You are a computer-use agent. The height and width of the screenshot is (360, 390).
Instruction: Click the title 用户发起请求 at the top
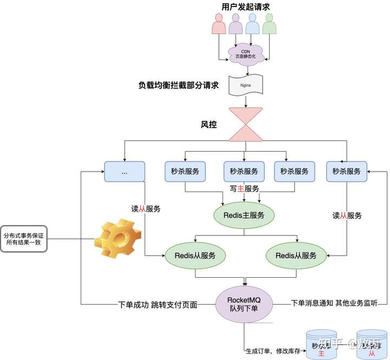(245, 6)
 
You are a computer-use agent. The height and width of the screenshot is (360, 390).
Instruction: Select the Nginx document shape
(245, 86)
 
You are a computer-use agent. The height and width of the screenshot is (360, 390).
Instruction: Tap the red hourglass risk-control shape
(245, 124)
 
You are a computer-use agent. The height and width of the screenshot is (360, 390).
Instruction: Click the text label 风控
(209, 125)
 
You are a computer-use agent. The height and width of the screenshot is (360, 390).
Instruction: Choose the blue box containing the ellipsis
(124, 171)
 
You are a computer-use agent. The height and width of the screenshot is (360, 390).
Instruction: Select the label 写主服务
(244, 188)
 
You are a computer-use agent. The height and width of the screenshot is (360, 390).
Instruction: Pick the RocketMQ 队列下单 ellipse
(245, 304)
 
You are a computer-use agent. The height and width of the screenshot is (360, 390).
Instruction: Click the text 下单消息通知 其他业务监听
(334, 303)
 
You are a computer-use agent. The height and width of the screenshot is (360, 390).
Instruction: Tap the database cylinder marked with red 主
(321, 344)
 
